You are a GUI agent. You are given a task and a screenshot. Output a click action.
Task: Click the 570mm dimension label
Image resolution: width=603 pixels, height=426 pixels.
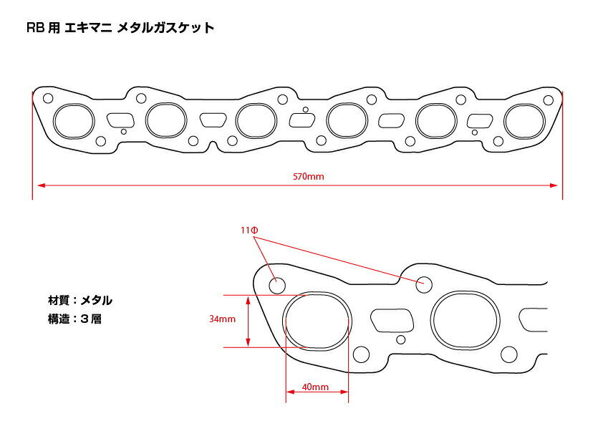pos(309,176)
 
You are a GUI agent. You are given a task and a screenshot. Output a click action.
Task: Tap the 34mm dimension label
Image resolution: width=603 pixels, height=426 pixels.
pos(222,319)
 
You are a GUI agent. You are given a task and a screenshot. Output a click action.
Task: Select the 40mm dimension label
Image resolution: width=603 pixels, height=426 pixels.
pos(315,387)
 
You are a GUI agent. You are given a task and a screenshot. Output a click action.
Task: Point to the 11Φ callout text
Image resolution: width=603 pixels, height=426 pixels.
pos(250,231)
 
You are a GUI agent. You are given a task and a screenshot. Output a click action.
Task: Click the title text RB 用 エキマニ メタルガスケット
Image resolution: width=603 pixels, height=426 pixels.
pos(120,28)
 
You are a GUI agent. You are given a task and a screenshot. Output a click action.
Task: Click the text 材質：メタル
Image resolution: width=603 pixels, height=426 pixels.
pos(80,300)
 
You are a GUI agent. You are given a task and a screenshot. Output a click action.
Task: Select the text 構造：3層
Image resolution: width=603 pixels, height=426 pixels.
pos(74,319)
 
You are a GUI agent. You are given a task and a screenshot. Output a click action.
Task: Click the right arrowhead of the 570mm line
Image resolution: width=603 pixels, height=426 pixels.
pos(554,185)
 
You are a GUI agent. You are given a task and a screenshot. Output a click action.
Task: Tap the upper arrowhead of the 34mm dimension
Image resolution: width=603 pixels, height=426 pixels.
pos(248,299)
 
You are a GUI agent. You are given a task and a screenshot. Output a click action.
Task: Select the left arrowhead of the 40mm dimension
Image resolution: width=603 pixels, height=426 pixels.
pos(290,392)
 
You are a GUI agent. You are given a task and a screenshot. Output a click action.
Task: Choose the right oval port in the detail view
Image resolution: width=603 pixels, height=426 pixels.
pos(465,291)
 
